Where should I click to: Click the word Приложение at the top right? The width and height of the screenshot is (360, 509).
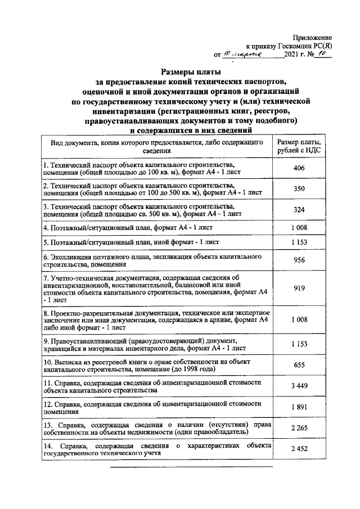pyautogui.click(x=313, y=35)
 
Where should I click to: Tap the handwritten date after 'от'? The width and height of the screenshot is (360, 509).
pyautogui.click(x=241, y=55)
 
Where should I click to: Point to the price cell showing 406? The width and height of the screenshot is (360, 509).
pyautogui.click(x=299, y=168)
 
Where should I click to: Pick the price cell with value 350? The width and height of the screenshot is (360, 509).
pyautogui.click(x=299, y=189)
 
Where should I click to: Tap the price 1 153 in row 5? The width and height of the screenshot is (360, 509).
pyautogui.click(x=299, y=242)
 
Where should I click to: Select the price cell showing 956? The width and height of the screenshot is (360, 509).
pyautogui.click(x=299, y=260)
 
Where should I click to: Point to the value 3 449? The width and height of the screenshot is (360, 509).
pyautogui.click(x=299, y=386)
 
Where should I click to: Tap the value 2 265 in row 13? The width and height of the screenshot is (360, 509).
pyautogui.click(x=299, y=429)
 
